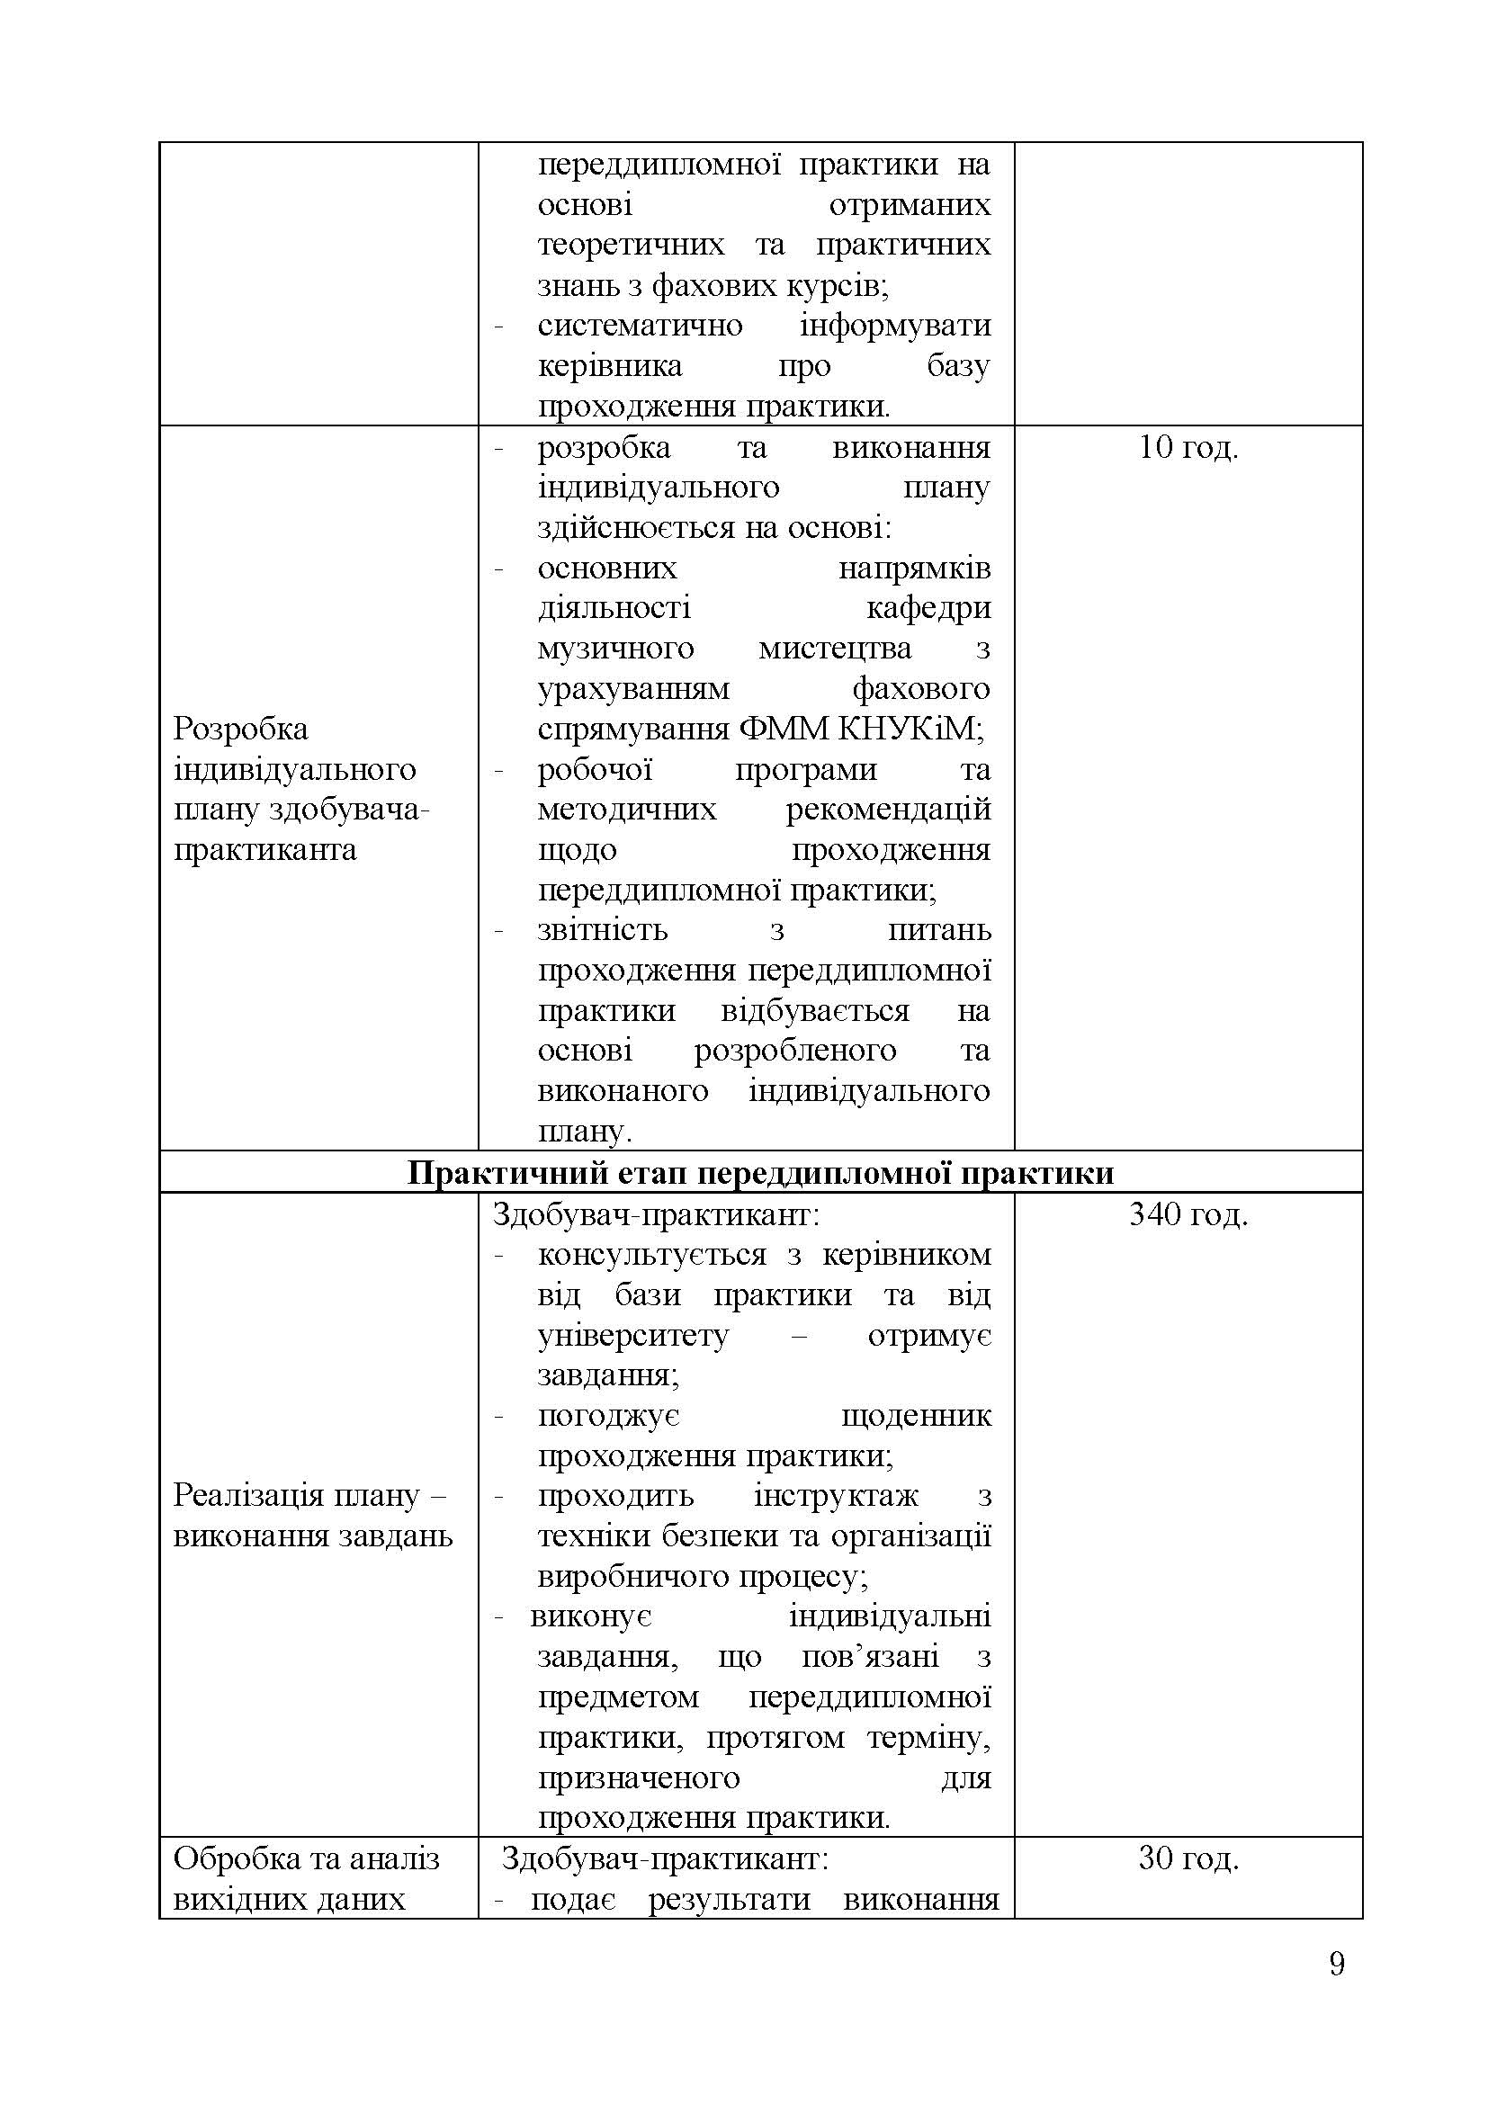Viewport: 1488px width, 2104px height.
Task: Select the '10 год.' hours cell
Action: tap(1188, 448)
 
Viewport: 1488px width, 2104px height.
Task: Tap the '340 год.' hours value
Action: tap(1188, 1215)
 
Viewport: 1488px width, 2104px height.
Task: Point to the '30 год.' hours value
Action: tap(1188, 1858)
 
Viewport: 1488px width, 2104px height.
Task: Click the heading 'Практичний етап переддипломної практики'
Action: tap(760, 1173)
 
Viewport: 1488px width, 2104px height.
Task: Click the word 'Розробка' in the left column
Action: tap(241, 730)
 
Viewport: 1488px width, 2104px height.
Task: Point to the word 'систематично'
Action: tap(640, 327)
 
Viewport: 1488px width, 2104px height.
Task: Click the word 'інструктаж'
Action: tap(836, 1496)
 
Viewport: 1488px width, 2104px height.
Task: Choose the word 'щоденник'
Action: tap(915, 1416)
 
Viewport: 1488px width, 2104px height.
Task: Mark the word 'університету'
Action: tap(633, 1335)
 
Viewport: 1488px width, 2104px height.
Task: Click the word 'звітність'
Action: tap(604, 930)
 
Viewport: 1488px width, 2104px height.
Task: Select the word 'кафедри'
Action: tap(928, 608)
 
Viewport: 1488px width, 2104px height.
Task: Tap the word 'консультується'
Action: tap(651, 1255)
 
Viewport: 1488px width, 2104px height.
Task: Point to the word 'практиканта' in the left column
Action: tap(264, 849)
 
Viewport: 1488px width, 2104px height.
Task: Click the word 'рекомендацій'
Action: tap(888, 810)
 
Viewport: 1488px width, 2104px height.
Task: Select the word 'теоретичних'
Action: tap(631, 246)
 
